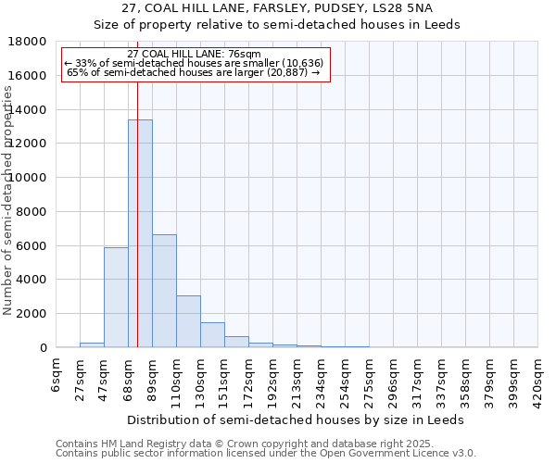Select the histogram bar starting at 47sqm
pos(116,297)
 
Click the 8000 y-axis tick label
pos(31,212)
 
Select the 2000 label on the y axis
pos(31,314)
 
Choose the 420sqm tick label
pos(537,378)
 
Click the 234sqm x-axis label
pos(321,378)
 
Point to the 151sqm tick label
pos(224,378)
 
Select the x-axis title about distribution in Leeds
pos(297,419)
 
